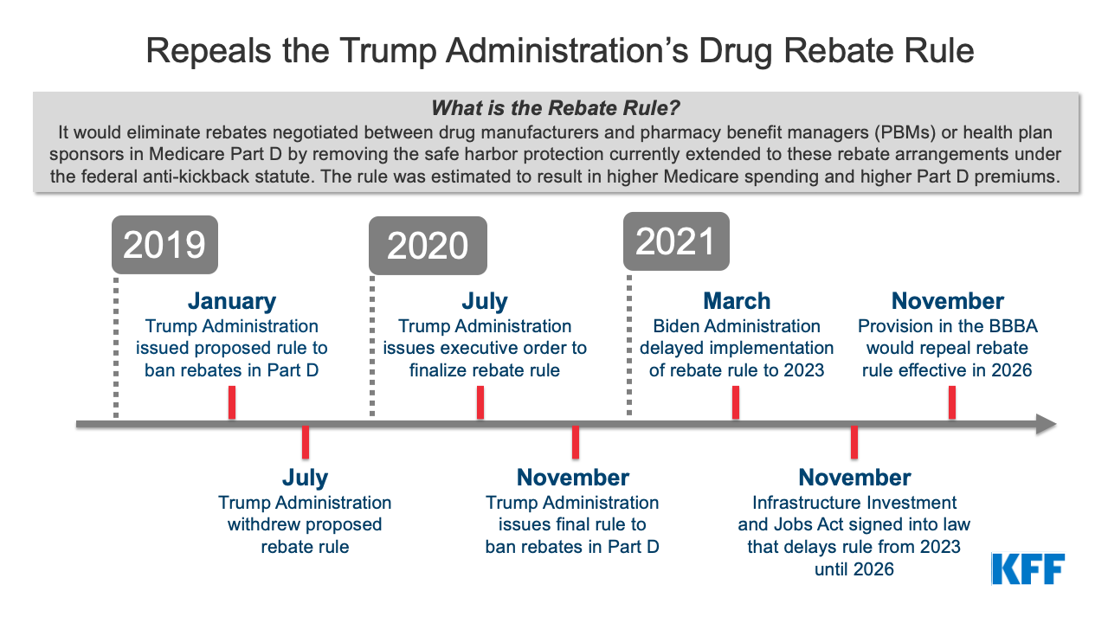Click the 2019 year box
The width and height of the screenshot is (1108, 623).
(x=164, y=245)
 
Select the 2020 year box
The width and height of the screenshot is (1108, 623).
(x=428, y=246)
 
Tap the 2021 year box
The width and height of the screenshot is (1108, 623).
(x=676, y=241)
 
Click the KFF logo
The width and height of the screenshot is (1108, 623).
(x=1027, y=568)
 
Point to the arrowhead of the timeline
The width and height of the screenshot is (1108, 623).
(x=1047, y=424)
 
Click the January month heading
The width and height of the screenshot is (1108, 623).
(x=231, y=301)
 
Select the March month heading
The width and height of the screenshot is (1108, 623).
(x=737, y=301)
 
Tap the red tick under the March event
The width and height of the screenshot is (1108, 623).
(x=736, y=402)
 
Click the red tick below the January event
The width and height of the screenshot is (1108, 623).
(x=231, y=402)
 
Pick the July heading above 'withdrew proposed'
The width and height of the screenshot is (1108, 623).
(x=305, y=478)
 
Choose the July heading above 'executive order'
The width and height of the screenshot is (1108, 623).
(x=485, y=302)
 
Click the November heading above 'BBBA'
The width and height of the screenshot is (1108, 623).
(x=947, y=301)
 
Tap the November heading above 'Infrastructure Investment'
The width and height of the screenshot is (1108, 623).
(x=854, y=478)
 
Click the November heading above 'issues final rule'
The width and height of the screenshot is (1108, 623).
(x=573, y=478)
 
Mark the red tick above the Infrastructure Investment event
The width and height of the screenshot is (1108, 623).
(x=854, y=442)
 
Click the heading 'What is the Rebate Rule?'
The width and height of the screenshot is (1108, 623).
(x=555, y=108)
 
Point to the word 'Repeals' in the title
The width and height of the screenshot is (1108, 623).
(x=209, y=52)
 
